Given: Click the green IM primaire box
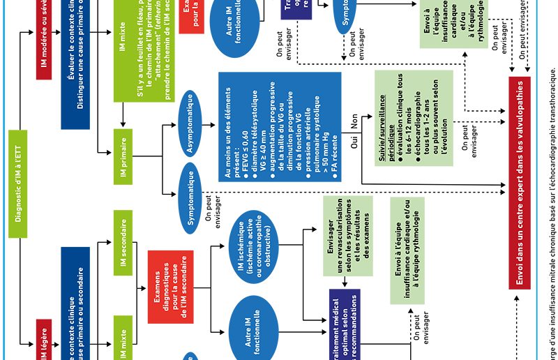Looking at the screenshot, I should [123, 156].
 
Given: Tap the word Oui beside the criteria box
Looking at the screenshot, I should [354, 144].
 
